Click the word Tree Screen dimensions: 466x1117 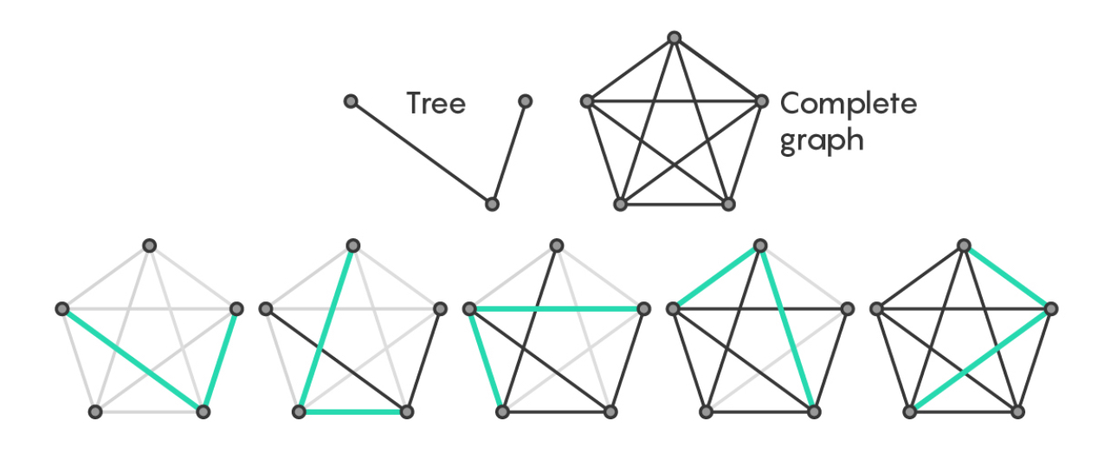[x=436, y=104]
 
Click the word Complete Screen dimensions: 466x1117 [x=848, y=104]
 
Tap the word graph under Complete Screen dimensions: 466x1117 [x=821, y=139]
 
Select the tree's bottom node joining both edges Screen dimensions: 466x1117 [x=492, y=204]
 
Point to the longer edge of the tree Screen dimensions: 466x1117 [x=421, y=152]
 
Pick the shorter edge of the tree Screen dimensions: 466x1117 [x=508, y=152]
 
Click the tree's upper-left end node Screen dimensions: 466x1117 [x=351, y=101]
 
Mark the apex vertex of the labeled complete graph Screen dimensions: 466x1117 [x=674, y=37]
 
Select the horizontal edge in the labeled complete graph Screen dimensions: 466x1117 [x=674, y=101]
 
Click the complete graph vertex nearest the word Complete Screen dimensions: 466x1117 [x=761, y=101]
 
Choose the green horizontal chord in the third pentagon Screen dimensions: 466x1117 [x=556, y=308]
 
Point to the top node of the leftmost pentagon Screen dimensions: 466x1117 [x=149, y=245]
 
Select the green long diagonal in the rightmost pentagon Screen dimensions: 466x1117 [x=980, y=360]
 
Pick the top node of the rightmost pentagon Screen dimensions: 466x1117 [x=963, y=245]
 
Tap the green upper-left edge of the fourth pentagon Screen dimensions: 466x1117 [x=716, y=277]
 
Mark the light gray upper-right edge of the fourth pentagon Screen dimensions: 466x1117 [x=804, y=277]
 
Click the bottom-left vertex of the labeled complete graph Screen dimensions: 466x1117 [x=620, y=204]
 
